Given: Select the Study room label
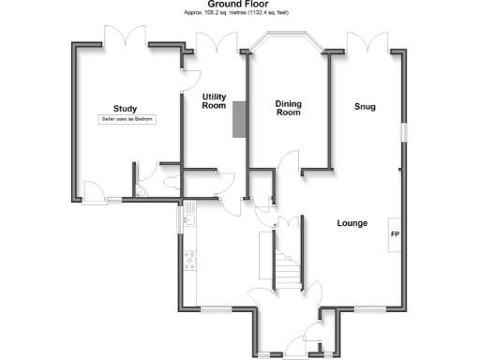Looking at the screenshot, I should click(125, 108).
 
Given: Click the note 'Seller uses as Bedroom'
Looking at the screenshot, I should click(127, 120).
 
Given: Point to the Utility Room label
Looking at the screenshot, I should click(215, 100).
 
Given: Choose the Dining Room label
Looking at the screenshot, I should click(287, 108).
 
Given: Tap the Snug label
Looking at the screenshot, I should click(365, 107).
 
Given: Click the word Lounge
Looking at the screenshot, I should click(352, 223).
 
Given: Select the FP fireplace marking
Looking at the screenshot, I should click(395, 234).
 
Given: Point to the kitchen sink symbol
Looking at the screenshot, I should click(187, 222).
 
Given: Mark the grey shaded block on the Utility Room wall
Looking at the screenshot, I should click(238, 119).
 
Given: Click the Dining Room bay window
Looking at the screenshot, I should click(285, 39).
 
